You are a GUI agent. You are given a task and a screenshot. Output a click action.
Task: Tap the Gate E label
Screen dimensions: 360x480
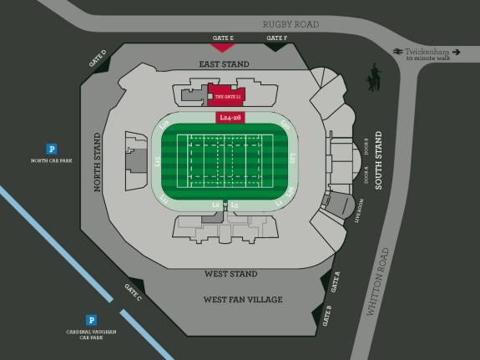coord(222,38)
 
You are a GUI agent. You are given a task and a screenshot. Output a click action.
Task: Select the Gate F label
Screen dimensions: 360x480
coord(276,38)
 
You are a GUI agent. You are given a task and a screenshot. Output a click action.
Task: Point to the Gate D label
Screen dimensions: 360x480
coord(98,57)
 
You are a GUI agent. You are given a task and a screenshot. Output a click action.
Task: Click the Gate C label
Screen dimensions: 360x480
coord(133,292)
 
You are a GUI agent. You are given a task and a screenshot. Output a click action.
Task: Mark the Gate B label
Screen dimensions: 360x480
coord(327,316)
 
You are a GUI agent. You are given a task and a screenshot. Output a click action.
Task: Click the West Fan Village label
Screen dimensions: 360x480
coord(243,299)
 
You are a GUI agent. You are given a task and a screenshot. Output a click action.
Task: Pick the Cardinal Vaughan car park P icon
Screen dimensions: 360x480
coord(92,319)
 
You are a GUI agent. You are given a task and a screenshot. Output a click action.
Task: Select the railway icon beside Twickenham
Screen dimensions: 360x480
coord(398,51)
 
